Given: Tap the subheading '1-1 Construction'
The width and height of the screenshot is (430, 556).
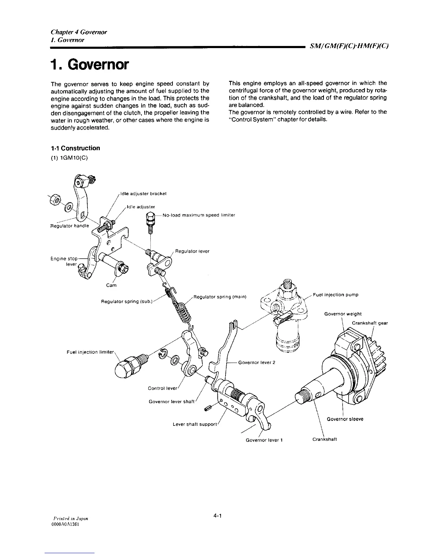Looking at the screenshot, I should click(x=75, y=148).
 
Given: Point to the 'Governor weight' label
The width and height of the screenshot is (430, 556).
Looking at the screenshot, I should click(x=343, y=314).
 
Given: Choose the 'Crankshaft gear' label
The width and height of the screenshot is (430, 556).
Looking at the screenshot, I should click(x=370, y=323).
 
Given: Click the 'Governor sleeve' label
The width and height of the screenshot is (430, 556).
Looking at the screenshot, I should click(x=345, y=419).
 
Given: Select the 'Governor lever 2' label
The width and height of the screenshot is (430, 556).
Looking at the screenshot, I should click(x=256, y=362).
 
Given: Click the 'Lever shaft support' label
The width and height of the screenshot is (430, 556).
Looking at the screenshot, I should click(x=195, y=424).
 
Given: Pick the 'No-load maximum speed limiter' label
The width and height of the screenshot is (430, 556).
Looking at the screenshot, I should click(x=199, y=215).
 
